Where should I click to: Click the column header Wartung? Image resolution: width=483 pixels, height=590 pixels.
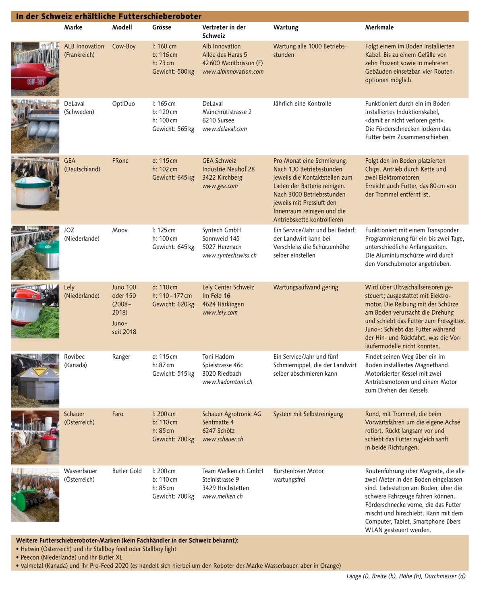point(286,27)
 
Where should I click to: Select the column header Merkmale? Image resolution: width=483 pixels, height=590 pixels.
point(379,27)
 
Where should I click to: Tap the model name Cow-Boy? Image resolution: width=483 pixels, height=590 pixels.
point(124,46)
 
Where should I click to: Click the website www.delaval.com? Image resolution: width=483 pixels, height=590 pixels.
point(224,129)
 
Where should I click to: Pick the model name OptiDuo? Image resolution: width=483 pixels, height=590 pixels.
point(123,104)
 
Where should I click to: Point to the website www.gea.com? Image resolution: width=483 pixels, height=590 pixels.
point(220,186)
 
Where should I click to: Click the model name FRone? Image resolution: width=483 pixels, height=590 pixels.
point(120,161)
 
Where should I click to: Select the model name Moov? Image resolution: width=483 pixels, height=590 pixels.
point(120,230)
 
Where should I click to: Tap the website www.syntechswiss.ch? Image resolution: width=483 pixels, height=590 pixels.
point(229,255)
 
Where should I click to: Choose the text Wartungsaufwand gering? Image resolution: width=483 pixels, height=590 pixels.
point(305,288)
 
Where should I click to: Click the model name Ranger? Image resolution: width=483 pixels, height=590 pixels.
point(121,357)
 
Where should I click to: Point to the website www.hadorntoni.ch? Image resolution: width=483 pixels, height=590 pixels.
point(227,382)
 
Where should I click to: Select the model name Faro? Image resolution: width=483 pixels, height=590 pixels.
point(118,414)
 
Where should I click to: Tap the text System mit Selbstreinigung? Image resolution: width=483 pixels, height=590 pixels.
point(308,414)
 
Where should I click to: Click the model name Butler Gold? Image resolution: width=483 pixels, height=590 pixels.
point(127,471)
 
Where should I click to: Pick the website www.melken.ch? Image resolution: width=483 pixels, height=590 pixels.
point(222,497)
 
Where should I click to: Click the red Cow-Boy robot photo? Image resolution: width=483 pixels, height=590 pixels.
point(35,69)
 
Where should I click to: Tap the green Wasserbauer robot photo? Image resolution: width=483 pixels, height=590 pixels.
point(35,495)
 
